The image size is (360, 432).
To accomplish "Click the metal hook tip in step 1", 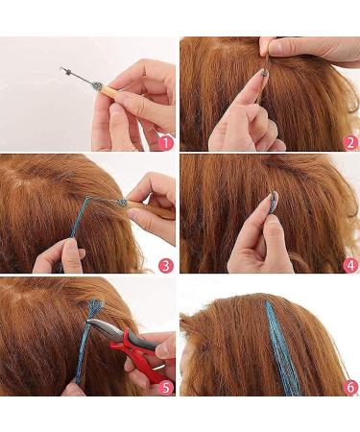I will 64,69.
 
